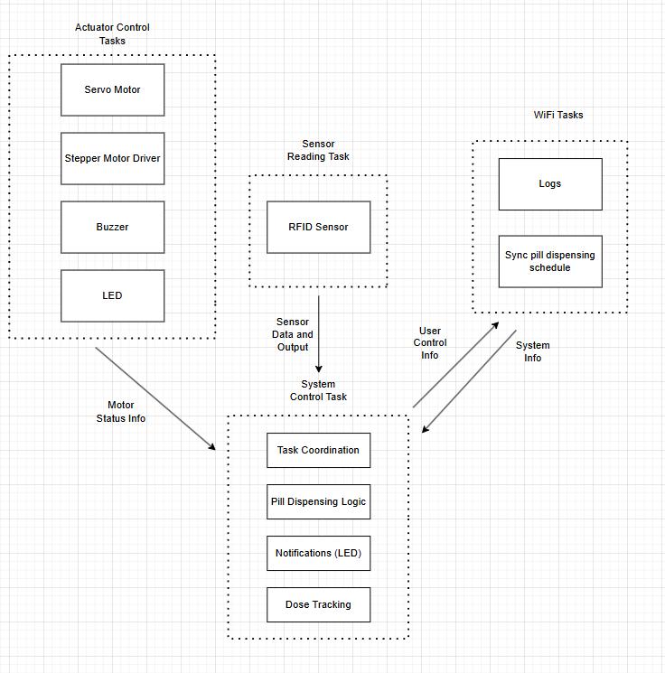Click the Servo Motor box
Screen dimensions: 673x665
click(112, 89)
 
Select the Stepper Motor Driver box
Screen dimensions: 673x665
click(112, 158)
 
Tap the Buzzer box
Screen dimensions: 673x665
click(112, 227)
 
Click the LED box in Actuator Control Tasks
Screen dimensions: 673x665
click(112, 295)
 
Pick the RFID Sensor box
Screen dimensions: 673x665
click(318, 227)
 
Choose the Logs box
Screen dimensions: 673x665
click(549, 183)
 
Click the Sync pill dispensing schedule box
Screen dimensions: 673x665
click(549, 261)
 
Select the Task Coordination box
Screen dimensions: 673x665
click(318, 450)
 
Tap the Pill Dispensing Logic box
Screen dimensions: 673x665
click(318, 501)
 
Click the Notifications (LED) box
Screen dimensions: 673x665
click(318, 553)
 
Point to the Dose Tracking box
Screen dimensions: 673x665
click(318, 604)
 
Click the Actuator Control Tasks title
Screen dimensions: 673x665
click(112, 33)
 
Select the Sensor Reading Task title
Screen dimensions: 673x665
click(318, 150)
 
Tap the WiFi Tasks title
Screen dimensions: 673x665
click(558, 115)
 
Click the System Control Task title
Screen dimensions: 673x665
click(318, 390)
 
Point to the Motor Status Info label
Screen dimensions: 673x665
click(120, 412)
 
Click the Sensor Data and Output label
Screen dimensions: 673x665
click(293, 334)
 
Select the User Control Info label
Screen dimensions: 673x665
click(430, 343)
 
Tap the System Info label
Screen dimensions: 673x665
click(533, 351)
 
